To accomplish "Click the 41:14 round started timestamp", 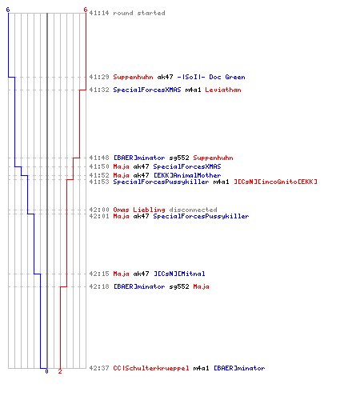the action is point(99,13).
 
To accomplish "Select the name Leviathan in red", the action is point(223,90).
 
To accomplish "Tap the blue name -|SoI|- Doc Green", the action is point(211,77).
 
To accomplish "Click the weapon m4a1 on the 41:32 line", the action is point(193,90).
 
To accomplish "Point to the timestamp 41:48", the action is point(99,158).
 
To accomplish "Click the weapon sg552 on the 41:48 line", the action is point(179,158).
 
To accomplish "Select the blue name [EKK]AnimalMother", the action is point(187,175).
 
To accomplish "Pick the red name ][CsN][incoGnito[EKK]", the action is point(276,182).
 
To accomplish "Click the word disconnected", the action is point(193,210).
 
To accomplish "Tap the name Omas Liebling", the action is point(139,210).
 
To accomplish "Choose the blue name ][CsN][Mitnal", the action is point(179,274).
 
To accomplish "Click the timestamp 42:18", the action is point(99,286).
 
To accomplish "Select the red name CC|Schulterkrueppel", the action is point(151,368).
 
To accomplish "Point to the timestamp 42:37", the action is point(99,368).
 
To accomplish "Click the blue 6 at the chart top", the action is point(8,10).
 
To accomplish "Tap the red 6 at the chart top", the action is point(86,10).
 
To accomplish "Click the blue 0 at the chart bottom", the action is point(46,371).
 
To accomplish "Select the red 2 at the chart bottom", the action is point(60,371).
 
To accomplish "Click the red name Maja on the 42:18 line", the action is point(201,287).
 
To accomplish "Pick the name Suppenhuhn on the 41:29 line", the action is point(133,78).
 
